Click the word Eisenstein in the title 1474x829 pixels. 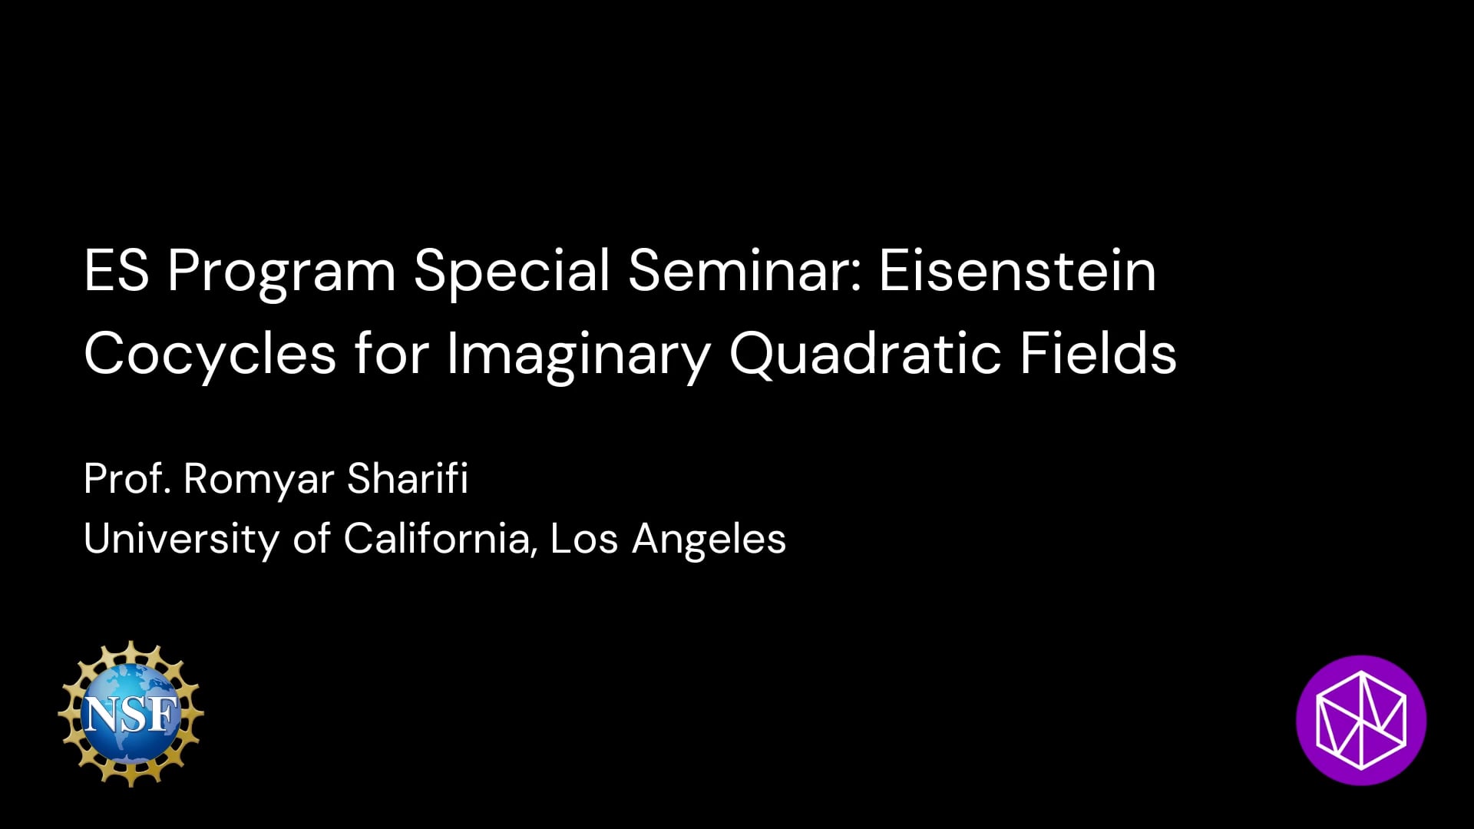pyautogui.click(x=1017, y=270)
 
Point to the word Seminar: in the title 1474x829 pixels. pyautogui.click(x=745, y=270)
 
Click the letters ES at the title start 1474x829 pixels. pyautogui.click(x=117, y=270)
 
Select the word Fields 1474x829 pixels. pyautogui.click(x=1099, y=353)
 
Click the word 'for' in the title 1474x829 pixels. pyautogui.click(x=392, y=353)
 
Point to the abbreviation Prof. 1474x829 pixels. pyautogui.click(x=127, y=479)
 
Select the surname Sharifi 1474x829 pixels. pyautogui.click(x=408, y=479)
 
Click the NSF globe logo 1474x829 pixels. pyautogui.click(x=131, y=714)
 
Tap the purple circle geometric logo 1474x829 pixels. pyautogui.click(x=1361, y=720)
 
